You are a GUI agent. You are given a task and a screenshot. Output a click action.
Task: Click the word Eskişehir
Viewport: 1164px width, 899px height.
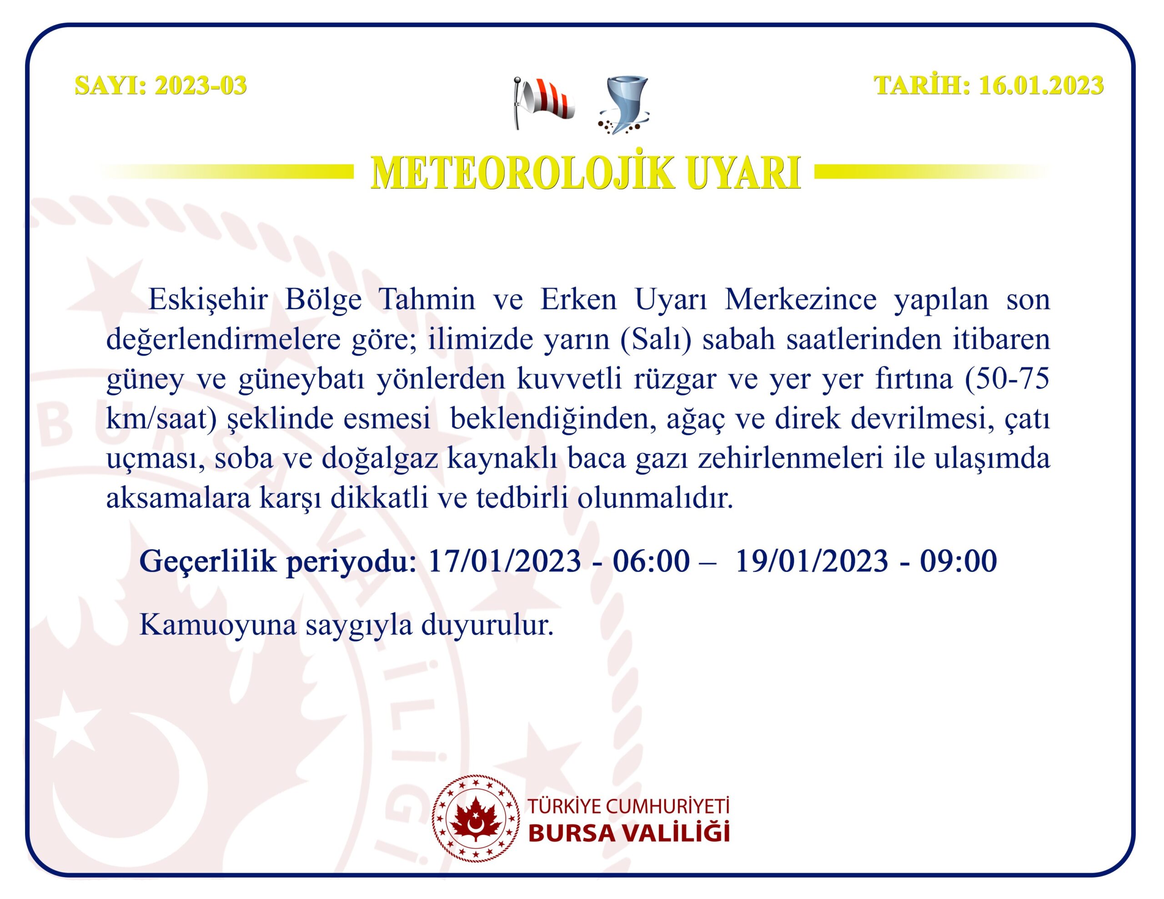coord(208,300)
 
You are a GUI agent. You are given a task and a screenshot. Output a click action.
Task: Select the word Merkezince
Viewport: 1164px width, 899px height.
coord(800,300)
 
